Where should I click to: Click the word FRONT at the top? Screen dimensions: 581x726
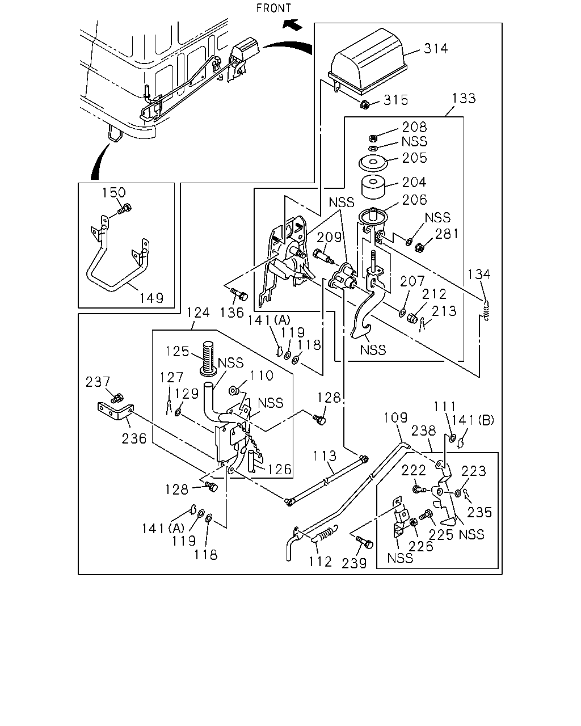click(273, 8)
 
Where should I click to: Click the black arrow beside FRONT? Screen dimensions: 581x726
click(292, 24)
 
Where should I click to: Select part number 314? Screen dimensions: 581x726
click(436, 49)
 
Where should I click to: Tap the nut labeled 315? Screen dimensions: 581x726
click(365, 104)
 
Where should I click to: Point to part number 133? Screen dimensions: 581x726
click(464, 98)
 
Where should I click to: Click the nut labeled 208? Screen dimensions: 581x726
click(373, 138)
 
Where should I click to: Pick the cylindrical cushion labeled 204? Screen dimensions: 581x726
click(373, 187)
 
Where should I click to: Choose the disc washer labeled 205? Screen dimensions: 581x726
click(373, 163)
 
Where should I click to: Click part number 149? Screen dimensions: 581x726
click(151, 298)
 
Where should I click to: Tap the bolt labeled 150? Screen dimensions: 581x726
click(125, 209)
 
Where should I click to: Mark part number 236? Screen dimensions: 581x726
click(134, 438)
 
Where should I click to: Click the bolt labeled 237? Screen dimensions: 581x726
click(117, 398)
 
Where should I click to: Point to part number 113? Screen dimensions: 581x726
click(325, 456)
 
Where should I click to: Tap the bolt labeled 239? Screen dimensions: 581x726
click(365, 543)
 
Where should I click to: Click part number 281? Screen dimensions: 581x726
click(447, 234)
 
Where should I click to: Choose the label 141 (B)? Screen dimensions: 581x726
click(473, 420)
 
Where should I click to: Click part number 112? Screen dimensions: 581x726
click(320, 562)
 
